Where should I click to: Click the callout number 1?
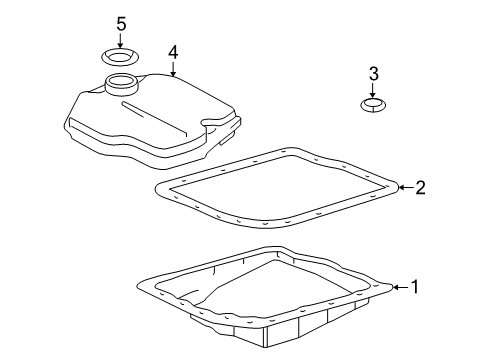[x=414, y=287]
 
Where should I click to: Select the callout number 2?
[x=420, y=188]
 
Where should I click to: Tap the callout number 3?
[x=374, y=74]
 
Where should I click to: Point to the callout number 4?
[x=173, y=53]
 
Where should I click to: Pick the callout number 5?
[x=121, y=24]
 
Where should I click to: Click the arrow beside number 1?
[x=401, y=287]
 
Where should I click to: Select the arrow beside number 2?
[x=406, y=188]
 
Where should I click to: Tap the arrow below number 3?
[x=373, y=90]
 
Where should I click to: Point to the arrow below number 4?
[x=173, y=69]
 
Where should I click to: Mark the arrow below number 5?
[x=120, y=40]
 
